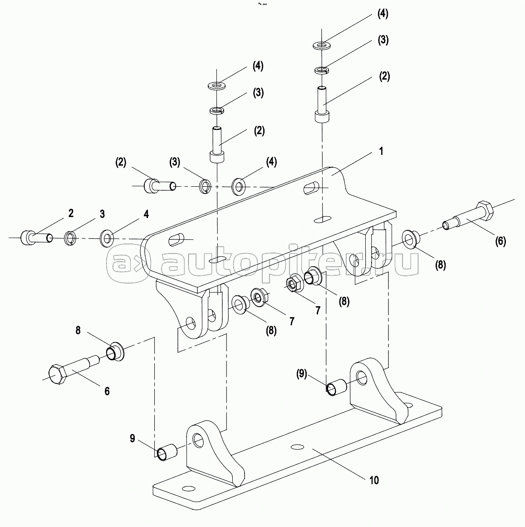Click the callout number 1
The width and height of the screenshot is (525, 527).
(381, 151)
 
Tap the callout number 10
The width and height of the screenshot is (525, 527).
(374, 480)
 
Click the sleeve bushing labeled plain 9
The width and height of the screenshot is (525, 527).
(167, 452)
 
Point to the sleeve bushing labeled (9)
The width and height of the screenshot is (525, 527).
(336, 387)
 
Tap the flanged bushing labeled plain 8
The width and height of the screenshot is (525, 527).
(115, 352)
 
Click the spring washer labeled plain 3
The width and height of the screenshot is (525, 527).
(70, 238)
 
